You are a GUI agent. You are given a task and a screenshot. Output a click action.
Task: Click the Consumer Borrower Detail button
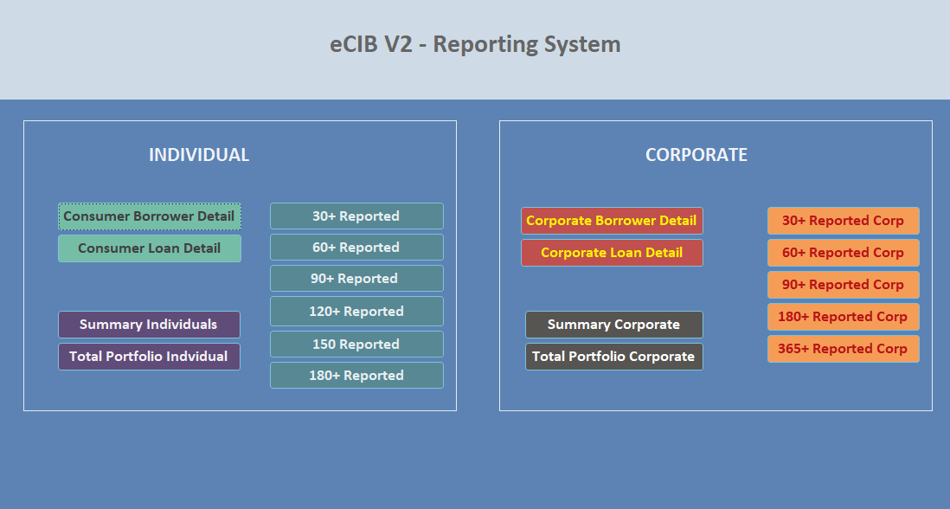point(149,216)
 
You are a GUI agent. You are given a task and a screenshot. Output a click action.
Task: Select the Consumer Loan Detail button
point(149,248)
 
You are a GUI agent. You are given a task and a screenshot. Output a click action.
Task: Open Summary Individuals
point(149,325)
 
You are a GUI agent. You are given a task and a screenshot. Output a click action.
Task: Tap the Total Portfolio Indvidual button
point(149,357)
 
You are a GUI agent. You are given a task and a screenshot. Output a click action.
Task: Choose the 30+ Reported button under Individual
point(356,216)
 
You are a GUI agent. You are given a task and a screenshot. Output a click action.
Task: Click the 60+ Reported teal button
point(356,248)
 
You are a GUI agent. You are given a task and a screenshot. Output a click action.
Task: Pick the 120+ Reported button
point(356,312)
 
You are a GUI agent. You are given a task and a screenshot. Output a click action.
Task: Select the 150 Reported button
point(356,345)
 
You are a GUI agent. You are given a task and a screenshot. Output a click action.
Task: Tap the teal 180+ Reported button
point(356,376)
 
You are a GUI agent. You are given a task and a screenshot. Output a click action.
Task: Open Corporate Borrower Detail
point(612,221)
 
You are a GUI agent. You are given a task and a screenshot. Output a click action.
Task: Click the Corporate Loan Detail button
point(612,253)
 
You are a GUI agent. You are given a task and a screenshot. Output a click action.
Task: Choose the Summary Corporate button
point(613,325)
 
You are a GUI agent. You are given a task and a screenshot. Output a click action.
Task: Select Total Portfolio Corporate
point(613,357)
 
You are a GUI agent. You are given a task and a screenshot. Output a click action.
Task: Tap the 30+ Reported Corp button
point(843,221)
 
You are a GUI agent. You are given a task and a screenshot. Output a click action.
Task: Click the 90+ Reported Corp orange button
point(843,285)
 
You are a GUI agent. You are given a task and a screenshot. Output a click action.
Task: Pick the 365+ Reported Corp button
point(843,349)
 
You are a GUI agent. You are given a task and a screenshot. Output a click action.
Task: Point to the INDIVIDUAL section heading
point(199,155)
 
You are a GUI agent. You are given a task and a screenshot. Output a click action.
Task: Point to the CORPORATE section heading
point(696,155)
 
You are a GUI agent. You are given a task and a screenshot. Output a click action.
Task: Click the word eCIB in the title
point(351,44)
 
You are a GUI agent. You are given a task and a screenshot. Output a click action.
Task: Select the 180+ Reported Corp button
point(843,317)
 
